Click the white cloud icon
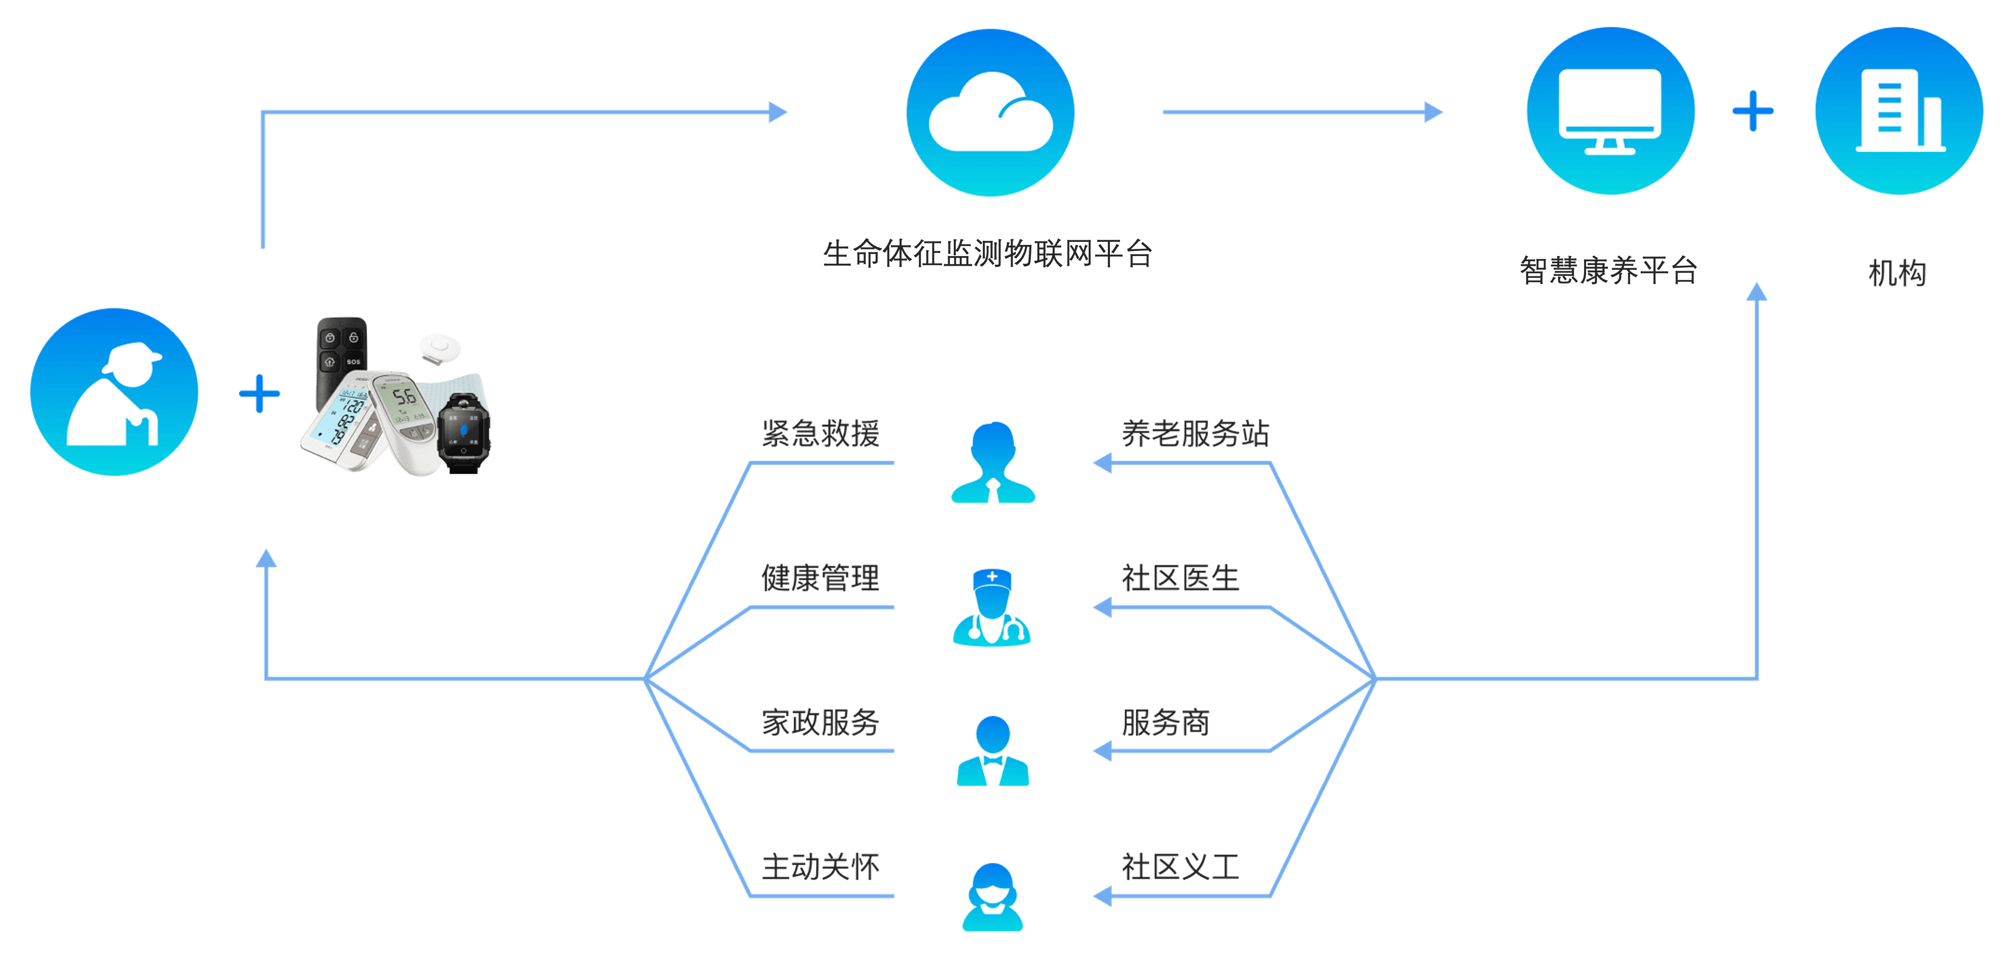tap(990, 113)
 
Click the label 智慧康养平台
tap(1608, 271)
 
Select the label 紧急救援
tap(820, 434)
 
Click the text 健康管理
tap(820, 578)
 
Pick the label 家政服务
tap(820, 723)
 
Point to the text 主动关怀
tap(820, 867)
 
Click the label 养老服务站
tap(1195, 434)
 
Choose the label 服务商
tap(1165, 723)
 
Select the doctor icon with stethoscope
tap(992, 607)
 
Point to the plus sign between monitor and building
tap(1753, 111)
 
